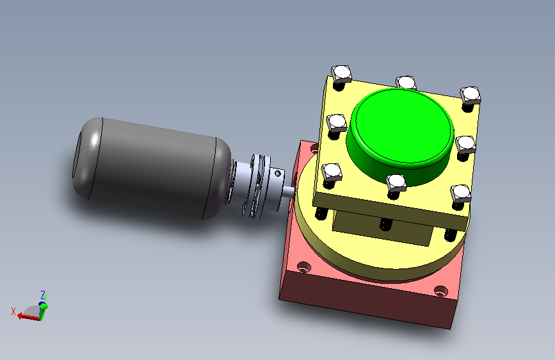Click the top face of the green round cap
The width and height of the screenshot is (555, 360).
(x=405, y=126)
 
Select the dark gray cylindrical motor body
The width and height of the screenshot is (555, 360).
(x=152, y=168)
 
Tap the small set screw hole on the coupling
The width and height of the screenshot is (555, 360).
(x=278, y=173)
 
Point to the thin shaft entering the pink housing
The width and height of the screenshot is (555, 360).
(x=288, y=192)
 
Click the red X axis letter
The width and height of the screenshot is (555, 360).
(x=13, y=311)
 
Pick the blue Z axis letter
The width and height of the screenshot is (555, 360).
(x=42, y=295)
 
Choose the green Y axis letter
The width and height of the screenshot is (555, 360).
(x=45, y=298)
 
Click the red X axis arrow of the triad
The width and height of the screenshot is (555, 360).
(x=29, y=316)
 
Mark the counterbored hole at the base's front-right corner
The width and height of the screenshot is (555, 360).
(x=440, y=291)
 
